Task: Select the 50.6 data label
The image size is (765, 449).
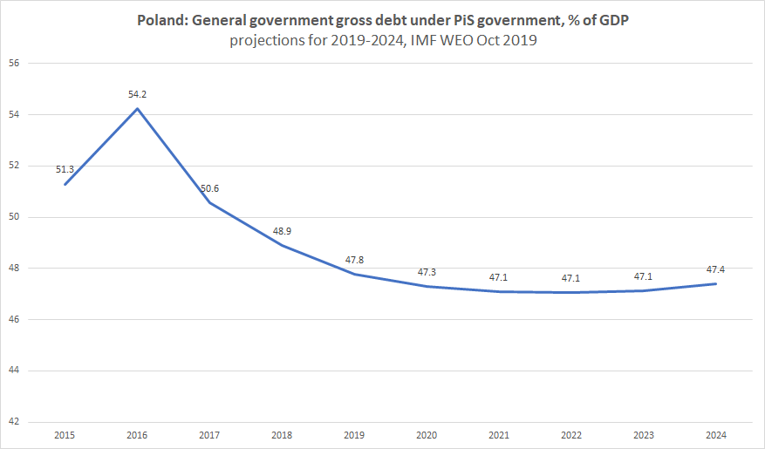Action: point(210,188)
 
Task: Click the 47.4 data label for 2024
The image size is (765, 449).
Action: point(715,269)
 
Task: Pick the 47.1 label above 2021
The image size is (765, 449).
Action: point(500,277)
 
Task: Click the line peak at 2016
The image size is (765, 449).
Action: point(137,109)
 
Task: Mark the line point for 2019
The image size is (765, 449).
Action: point(354,274)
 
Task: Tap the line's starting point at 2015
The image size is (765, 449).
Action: point(65,184)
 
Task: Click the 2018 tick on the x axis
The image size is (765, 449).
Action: point(282,434)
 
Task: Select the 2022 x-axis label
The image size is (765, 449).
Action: point(571,434)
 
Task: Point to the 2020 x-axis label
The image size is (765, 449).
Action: point(427,434)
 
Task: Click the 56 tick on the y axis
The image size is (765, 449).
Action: point(15,63)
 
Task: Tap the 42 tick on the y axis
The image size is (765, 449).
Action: point(15,422)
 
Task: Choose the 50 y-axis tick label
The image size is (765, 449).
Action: point(15,217)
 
